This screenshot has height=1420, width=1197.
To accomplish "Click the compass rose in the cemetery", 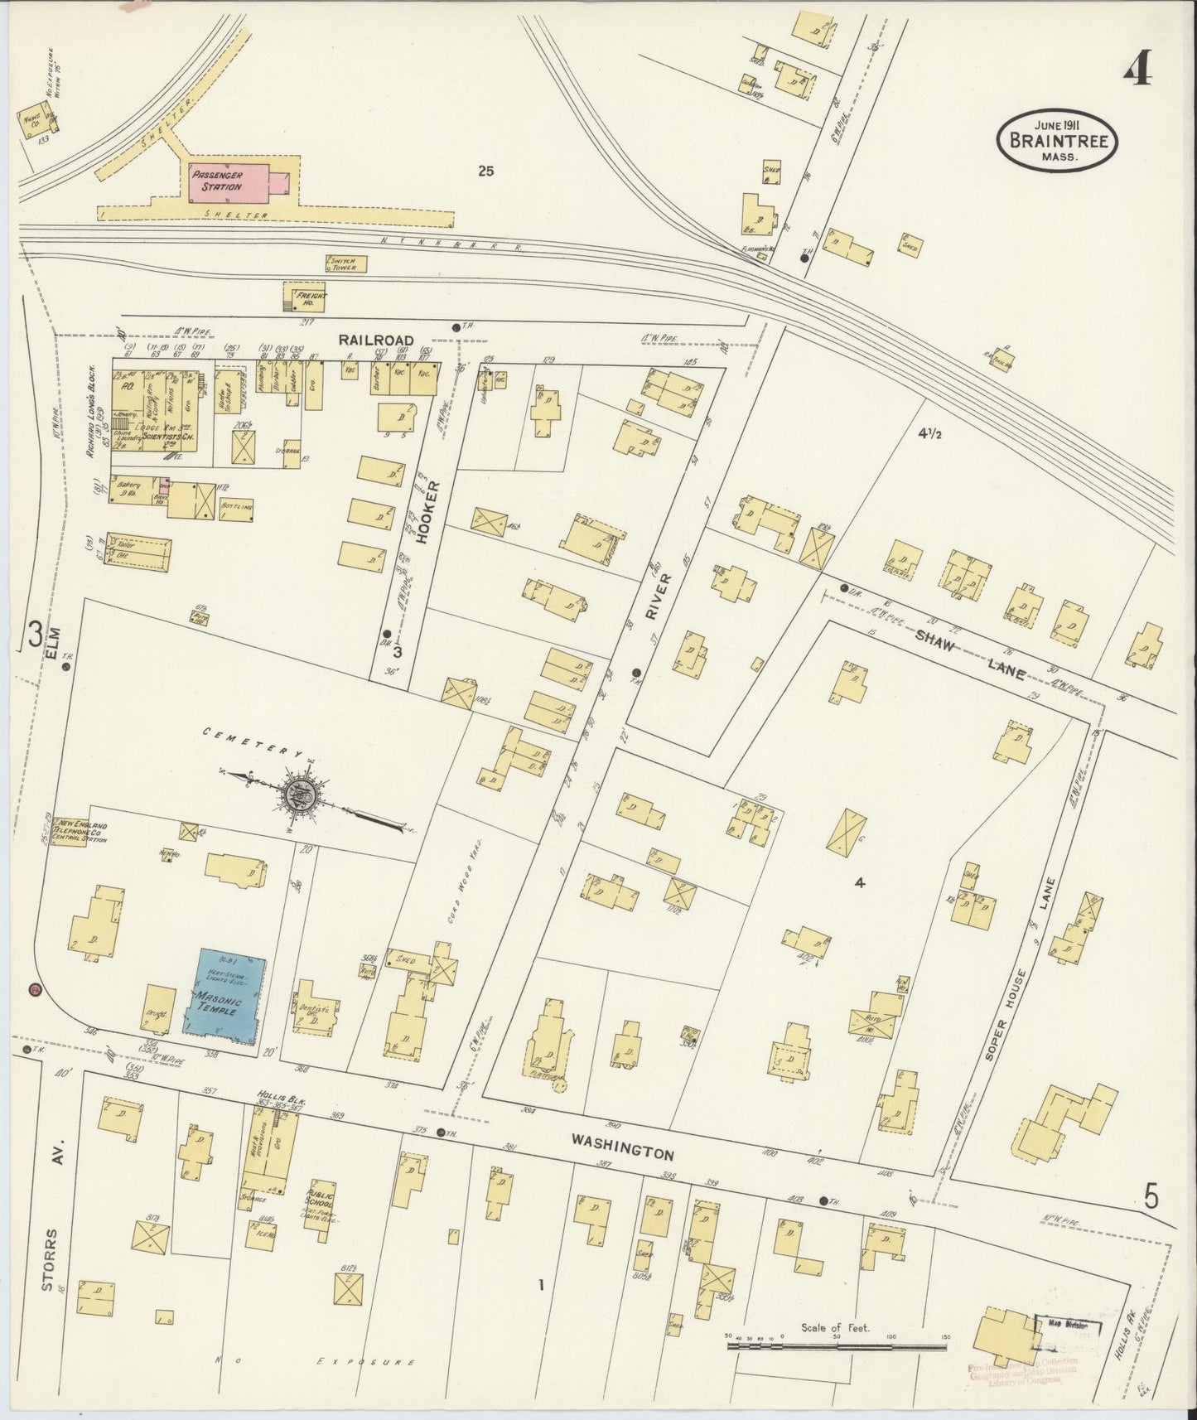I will point(299,797).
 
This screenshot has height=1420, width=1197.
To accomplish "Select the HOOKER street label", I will point(424,512).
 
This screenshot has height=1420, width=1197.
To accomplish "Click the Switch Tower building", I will point(345,263).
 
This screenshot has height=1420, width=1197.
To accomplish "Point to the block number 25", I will point(485,171).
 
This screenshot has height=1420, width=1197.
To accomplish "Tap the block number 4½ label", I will point(929,432).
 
